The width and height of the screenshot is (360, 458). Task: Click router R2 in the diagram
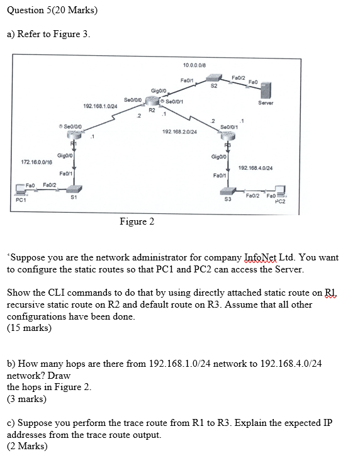click(152, 101)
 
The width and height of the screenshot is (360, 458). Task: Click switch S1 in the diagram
click(74, 189)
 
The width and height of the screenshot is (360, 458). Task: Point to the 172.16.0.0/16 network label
click(28, 162)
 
